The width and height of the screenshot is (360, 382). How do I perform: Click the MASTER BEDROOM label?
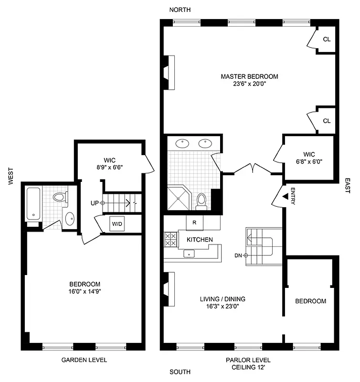click(x=249, y=76)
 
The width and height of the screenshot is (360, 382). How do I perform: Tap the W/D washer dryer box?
click(x=117, y=224)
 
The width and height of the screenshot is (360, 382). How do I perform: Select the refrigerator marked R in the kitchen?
click(x=194, y=223)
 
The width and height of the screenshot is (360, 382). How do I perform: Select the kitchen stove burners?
click(x=170, y=239)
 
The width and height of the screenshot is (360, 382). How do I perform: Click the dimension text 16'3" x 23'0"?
click(x=222, y=307)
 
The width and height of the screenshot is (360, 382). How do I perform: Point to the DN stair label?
click(x=238, y=255)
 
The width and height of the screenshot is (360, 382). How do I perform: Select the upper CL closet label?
click(x=327, y=40)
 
